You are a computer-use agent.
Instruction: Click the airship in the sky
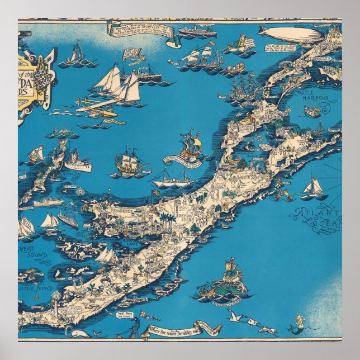click(291, 34)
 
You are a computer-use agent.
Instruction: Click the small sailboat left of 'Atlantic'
click(314, 187)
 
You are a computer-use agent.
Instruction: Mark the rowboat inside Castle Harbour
click(312, 113)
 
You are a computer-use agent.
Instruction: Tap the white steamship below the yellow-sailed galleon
click(172, 180)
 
